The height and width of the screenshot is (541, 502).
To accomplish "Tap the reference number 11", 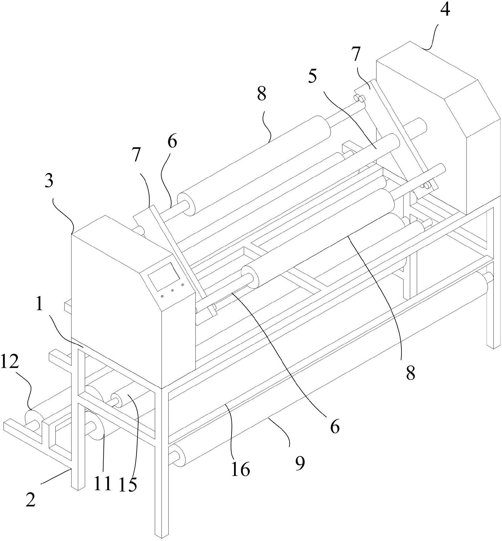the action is click(x=102, y=483).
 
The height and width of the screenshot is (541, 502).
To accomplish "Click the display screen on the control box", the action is click(x=164, y=278).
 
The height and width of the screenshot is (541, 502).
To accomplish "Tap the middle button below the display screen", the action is click(x=173, y=291).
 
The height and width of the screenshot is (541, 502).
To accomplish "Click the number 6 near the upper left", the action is click(x=172, y=142).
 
